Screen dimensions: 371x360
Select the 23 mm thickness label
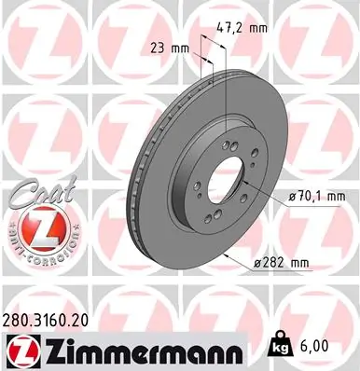coord(162,46)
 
